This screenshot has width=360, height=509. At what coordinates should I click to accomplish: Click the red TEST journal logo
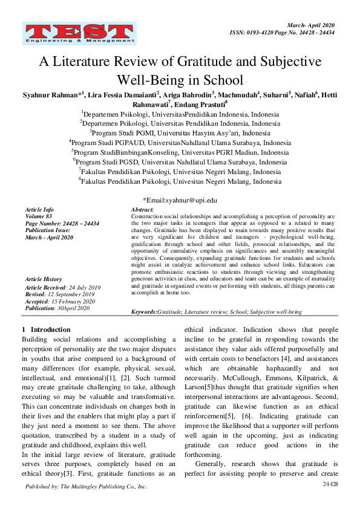77,34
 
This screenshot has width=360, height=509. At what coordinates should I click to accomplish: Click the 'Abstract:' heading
142,209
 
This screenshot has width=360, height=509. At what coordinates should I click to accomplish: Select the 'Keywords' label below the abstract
144,311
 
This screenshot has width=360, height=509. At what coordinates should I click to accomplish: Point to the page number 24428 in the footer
330,485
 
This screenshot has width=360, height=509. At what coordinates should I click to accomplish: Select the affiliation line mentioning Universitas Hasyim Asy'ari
180,133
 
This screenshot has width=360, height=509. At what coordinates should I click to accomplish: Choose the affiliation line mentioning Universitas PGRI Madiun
180,152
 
